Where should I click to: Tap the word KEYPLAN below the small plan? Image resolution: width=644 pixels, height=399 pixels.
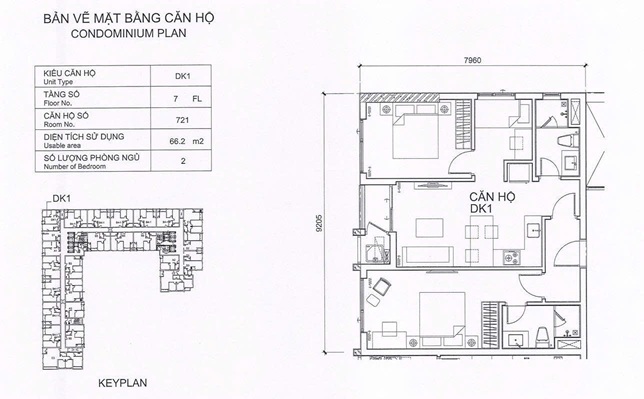click(123, 382)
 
